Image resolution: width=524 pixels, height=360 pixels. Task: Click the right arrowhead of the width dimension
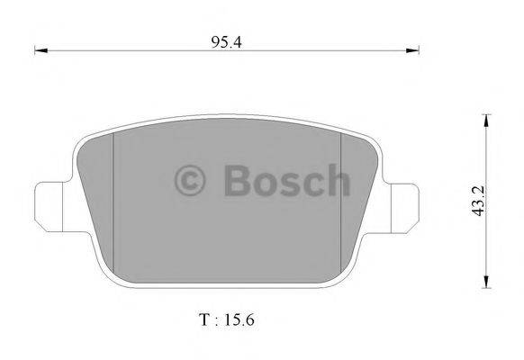[x=417, y=51]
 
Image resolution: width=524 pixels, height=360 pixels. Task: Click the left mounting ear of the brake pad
[x=50, y=202]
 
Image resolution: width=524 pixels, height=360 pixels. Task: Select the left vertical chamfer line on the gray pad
[x=112, y=193]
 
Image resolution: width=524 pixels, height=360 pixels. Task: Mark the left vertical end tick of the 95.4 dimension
[x=34, y=51]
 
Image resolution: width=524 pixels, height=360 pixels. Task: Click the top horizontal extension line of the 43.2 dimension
[x=486, y=115]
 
